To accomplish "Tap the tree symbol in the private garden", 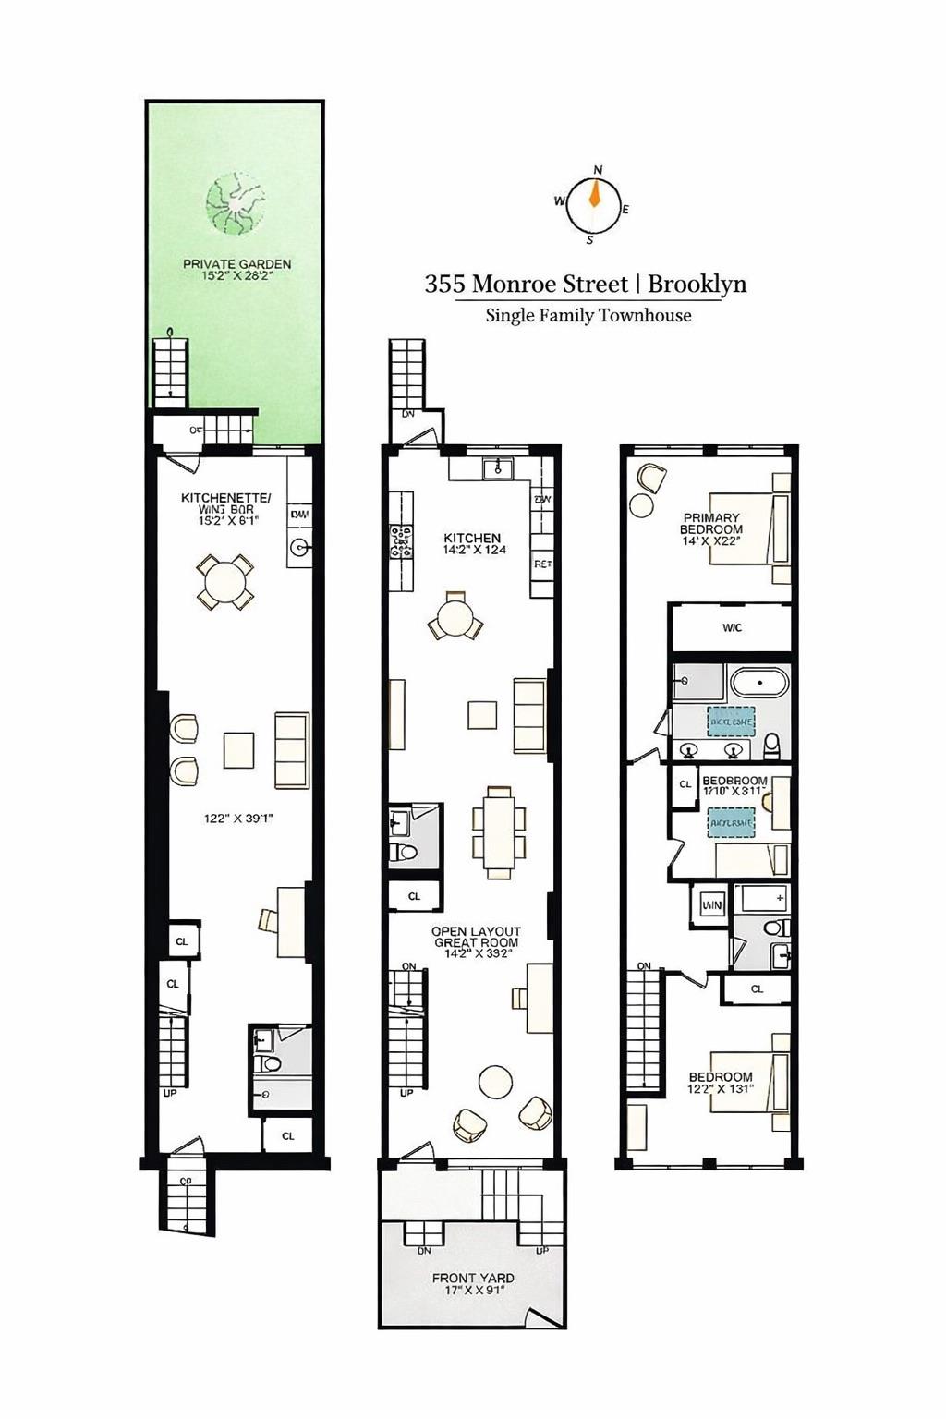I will coord(235,204).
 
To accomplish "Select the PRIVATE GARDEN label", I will coord(236,264).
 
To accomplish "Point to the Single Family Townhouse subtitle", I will coord(588,315).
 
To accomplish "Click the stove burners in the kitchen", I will coord(400,542).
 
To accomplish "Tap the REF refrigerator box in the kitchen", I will coord(542,564).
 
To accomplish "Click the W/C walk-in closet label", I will coord(732,628).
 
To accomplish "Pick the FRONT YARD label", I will coord(473,1279).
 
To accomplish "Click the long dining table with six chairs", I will coord(499,831).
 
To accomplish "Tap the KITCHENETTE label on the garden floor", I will coord(226,499).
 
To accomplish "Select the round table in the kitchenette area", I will coord(225,583).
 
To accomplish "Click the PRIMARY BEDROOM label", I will coord(711,524).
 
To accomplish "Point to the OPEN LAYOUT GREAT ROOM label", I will coord(476,937).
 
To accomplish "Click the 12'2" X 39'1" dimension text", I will coord(238,818).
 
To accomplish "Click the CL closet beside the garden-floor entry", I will coord(288,1135).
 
